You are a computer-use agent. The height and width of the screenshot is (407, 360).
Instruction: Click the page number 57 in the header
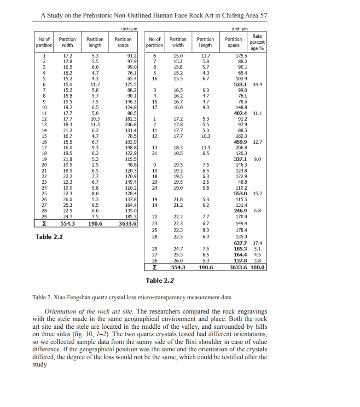pos(263,15)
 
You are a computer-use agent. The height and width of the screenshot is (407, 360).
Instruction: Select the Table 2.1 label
pos(49,237)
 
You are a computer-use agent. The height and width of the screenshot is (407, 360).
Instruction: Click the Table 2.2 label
pos(160,280)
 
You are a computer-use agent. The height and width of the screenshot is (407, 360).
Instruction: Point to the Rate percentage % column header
pos(257,42)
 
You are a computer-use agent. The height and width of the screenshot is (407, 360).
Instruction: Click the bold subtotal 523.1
pos(240,85)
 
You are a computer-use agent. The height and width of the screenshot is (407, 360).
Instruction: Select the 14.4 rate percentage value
pos(257,85)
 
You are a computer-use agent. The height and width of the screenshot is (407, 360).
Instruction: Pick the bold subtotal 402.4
pos(240,113)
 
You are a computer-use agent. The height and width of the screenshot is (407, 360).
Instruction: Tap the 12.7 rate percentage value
pos(257,142)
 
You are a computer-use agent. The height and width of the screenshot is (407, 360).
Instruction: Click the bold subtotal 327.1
pos(240,159)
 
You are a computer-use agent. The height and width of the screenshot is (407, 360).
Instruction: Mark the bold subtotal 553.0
pos(240,194)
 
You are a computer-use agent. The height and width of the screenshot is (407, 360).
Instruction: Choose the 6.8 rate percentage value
pos(257,211)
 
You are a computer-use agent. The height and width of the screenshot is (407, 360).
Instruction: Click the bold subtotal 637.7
pos(240,243)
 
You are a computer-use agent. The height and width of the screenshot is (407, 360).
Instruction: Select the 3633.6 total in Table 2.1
pos(128,224)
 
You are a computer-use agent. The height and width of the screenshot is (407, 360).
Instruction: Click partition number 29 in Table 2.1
pos(44,216)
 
